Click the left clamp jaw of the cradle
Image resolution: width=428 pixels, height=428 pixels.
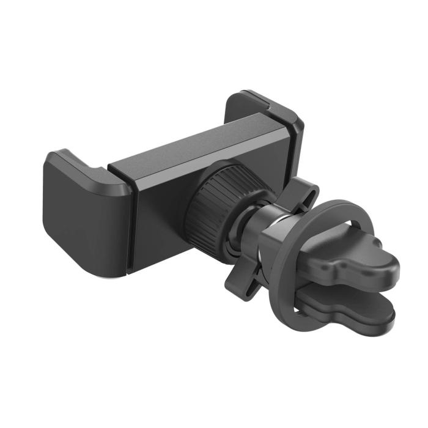coord(79,214)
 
